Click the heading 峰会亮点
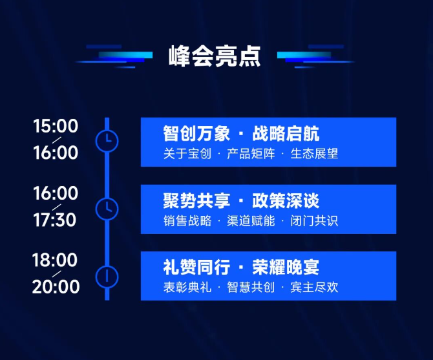pos(215,57)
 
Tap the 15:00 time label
pos(56,126)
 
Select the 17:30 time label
pos(55,220)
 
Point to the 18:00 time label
pos(55,260)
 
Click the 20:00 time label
pos(56,286)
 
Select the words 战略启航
pos(286,134)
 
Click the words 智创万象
pos(196,134)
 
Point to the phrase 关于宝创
pos(187,154)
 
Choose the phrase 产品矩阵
pos(251,154)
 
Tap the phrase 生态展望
pos(314,154)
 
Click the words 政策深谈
pos(286,201)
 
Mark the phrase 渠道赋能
pos(251,221)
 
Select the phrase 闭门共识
pos(314,221)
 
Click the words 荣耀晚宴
pos(286,268)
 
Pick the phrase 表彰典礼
pos(187,288)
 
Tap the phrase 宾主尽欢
pos(314,288)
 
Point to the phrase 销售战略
pos(187,221)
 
